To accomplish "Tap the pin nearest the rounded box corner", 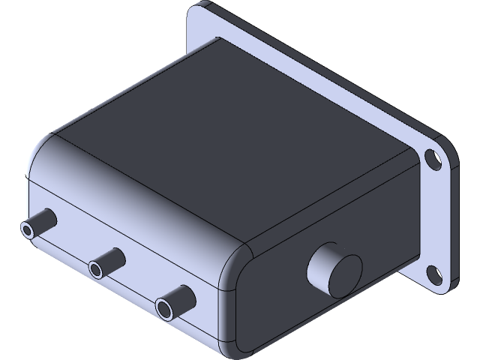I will click(x=176, y=301).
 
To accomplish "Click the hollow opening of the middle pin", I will click(x=96, y=268).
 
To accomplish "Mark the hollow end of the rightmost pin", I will click(x=164, y=307).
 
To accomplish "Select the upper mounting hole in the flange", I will click(x=433, y=158).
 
